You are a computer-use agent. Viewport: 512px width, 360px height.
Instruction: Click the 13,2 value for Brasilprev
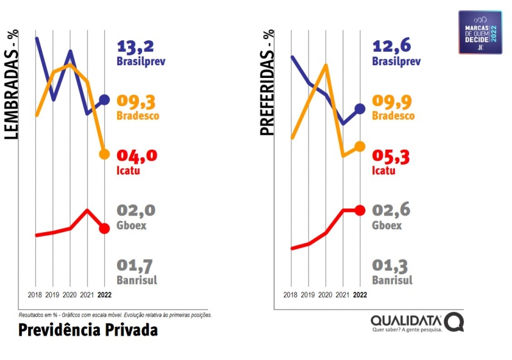point(136,47)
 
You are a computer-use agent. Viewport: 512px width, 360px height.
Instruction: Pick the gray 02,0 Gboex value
point(136,210)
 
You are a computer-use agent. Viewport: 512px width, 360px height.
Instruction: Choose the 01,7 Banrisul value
point(136,265)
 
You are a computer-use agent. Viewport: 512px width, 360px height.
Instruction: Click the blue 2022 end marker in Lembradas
point(105,100)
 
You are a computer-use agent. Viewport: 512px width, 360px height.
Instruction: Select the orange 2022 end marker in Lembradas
point(105,154)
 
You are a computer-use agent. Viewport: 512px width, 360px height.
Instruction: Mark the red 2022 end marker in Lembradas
point(105,228)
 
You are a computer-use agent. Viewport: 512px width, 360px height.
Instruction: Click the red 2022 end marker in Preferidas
point(360,210)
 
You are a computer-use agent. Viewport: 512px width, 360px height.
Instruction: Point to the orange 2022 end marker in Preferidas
point(360,146)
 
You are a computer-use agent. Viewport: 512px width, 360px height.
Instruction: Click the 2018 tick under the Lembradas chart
point(36,295)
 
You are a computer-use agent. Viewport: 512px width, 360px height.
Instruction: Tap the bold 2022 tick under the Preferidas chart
point(360,295)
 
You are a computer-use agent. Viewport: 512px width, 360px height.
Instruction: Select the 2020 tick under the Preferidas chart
point(326,295)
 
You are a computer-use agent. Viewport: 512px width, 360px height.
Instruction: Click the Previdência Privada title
point(88,330)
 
